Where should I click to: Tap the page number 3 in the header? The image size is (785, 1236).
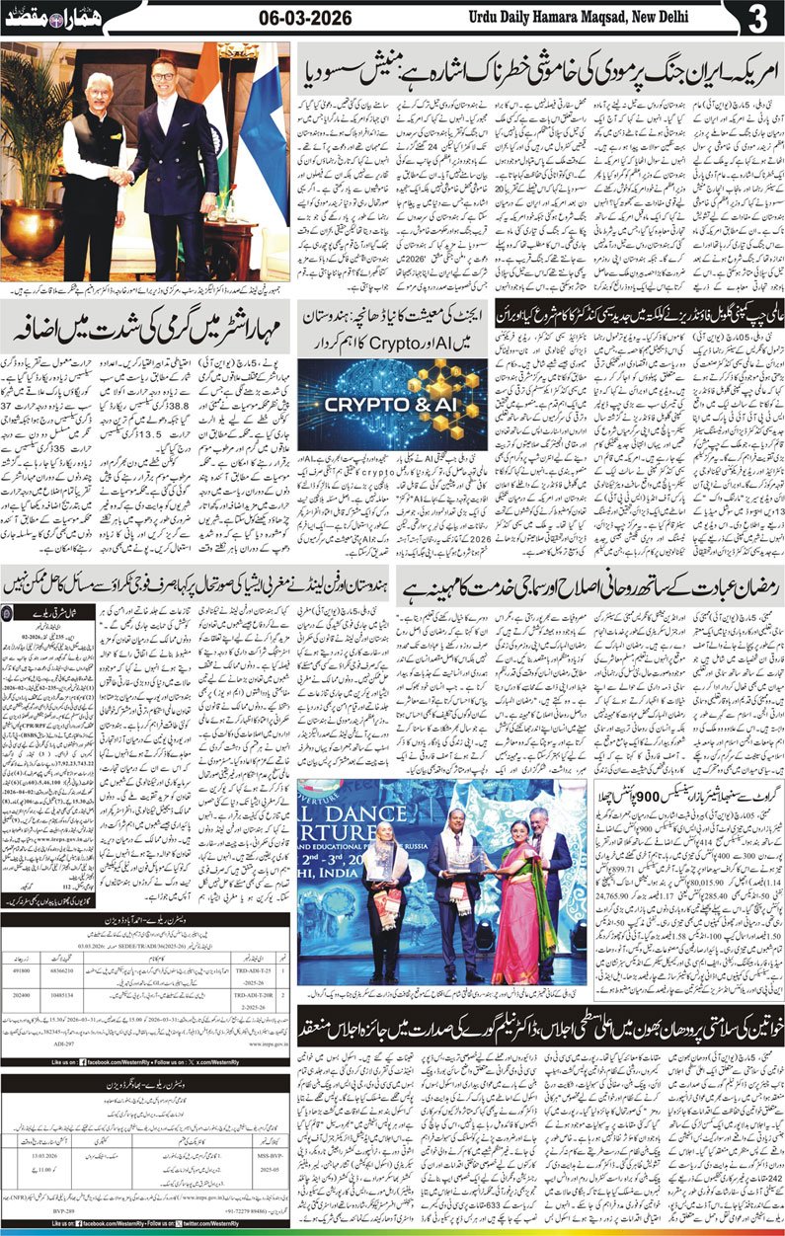[x=757, y=19]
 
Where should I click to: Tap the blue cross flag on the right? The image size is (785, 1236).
[x=262, y=148]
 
